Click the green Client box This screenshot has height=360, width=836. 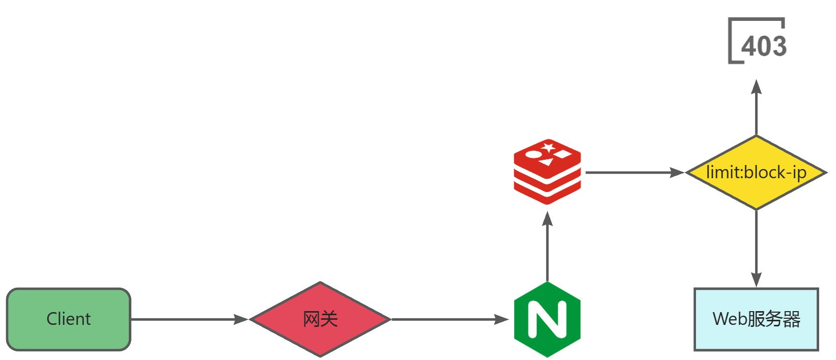coord(69,319)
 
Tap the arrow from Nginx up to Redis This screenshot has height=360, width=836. coord(547,247)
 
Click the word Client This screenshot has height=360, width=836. coord(69,319)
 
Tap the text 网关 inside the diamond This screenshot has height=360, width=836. coord(320,319)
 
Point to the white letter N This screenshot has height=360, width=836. coord(547,319)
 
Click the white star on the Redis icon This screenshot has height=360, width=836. coord(548,148)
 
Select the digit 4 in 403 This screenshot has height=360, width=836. coord(749,46)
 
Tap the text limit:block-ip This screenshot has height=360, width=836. coord(757,173)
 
